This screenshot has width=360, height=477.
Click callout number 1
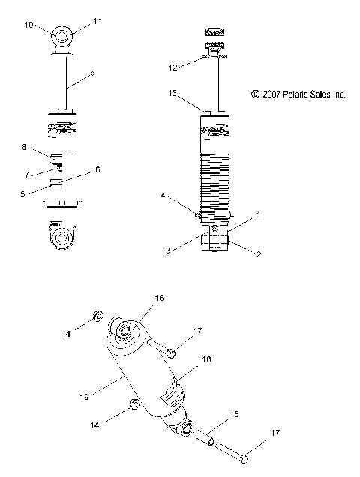coord(259,215)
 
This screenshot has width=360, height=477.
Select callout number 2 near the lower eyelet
coord(259,254)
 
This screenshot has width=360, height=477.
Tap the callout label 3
coord(169,250)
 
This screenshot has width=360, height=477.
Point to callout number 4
coord(162,196)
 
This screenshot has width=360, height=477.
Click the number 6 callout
coord(97,170)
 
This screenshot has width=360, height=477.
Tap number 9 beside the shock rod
coord(92,74)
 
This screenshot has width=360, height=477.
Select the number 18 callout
coord(207,359)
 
